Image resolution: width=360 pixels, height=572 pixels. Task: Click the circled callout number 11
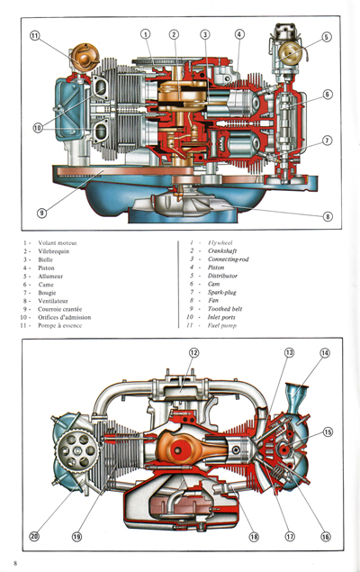click(x=34, y=37)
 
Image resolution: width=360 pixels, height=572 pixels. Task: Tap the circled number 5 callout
click(x=326, y=37)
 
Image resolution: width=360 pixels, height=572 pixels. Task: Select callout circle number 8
click(x=327, y=216)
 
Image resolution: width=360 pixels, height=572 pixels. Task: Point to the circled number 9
click(x=41, y=213)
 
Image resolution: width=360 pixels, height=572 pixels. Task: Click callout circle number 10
click(x=38, y=128)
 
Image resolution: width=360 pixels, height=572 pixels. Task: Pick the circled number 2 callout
click(x=174, y=34)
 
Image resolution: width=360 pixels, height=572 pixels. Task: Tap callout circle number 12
click(x=193, y=352)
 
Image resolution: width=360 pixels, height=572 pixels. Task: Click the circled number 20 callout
click(x=34, y=537)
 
